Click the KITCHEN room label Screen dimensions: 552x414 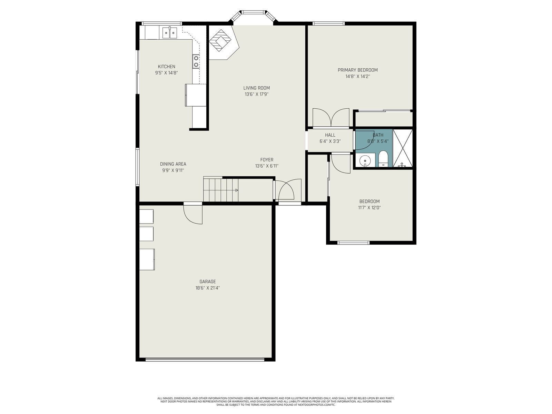click(167, 67)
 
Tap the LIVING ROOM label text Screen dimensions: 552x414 click(257, 88)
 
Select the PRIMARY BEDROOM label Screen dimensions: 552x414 click(358, 70)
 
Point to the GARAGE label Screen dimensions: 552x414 click(207, 282)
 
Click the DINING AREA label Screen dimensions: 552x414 click(173, 164)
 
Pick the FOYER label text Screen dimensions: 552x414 click(267, 160)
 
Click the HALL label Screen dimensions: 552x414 click(330, 135)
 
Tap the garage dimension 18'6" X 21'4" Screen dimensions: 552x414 click(207, 288)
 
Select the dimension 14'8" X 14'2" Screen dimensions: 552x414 click(358, 76)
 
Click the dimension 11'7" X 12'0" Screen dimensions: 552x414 click(369, 208)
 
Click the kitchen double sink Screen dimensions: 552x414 click(169, 33)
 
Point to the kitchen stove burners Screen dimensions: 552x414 click(196, 62)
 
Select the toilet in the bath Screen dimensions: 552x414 click(383, 159)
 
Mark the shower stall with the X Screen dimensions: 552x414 click(403, 148)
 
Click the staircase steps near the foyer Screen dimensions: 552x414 click(220, 190)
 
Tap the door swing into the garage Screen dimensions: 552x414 click(193, 214)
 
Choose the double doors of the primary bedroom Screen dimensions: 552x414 click(331, 118)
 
